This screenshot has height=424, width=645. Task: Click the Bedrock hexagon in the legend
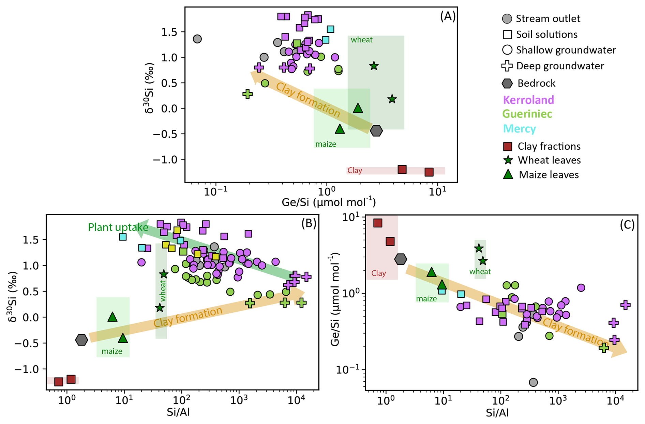point(507,83)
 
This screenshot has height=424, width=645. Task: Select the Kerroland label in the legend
point(528,100)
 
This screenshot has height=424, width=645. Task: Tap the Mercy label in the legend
point(519,128)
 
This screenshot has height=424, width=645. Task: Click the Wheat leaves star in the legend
point(508,160)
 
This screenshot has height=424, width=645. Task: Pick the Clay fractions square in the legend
point(508,146)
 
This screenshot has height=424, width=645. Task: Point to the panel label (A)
point(448,16)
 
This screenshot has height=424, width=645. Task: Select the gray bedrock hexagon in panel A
point(376,130)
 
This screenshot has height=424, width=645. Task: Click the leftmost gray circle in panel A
point(197,39)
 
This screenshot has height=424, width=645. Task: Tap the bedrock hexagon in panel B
point(81,340)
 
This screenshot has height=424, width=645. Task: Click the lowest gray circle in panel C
point(533,382)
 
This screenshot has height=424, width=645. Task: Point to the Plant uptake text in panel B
point(118,227)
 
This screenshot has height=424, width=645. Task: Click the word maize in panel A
point(326,144)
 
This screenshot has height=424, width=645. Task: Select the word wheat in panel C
point(480,271)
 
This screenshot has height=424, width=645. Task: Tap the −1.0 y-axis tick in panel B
point(30,369)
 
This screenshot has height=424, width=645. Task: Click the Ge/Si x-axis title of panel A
point(328,202)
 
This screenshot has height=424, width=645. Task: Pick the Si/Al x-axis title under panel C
point(497,413)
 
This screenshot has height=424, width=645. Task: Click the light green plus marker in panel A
point(247,94)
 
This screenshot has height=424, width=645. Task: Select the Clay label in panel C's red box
point(378,273)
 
